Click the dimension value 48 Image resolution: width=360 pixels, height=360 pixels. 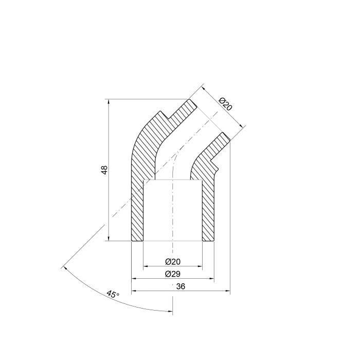(x=104, y=170)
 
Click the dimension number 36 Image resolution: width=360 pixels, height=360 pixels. (x=180, y=286)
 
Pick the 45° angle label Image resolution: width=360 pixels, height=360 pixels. (x=113, y=295)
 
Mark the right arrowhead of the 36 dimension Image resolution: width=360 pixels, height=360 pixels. (x=227, y=291)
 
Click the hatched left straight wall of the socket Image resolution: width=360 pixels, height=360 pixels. (x=137, y=211)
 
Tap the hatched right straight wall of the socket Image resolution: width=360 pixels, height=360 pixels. (x=207, y=211)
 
